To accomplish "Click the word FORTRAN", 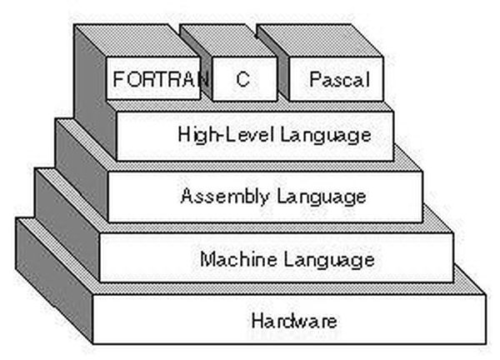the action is point(161,79).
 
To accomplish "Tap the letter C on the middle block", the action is point(243,79).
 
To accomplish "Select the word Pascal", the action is point(340,79).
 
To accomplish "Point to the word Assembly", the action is point(224,196).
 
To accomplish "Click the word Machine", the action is point(238,258).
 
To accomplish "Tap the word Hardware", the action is point(294,321).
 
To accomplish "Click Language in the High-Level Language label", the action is point(326,135).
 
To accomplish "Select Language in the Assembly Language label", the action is point(322,197).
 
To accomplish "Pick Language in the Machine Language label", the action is point(329,259).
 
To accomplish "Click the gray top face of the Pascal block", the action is point(320,41).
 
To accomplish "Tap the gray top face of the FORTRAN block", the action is point(137,41).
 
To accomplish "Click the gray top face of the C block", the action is point(228,41).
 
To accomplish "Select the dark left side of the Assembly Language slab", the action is point(82,170).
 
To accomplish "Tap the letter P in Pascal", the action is point(315,79).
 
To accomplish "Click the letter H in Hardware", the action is point(257,321).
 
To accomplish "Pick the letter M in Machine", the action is point(207,258).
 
